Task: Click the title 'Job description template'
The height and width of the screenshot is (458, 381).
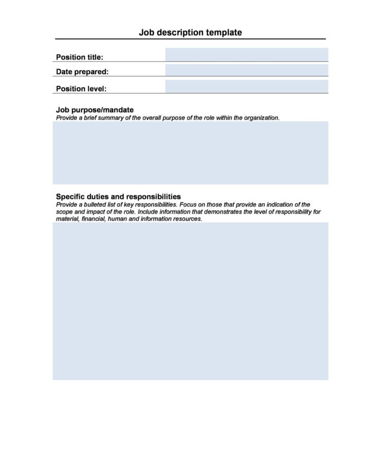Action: tap(190, 33)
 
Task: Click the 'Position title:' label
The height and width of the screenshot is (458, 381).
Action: tap(79, 57)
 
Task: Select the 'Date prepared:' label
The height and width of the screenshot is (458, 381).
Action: tap(82, 72)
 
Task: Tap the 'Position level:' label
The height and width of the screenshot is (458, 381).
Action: tap(81, 89)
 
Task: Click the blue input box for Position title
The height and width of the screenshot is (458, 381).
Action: tap(246, 54)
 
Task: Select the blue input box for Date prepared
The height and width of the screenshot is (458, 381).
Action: tap(246, 70)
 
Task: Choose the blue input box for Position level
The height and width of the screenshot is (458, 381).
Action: tap(246, 87)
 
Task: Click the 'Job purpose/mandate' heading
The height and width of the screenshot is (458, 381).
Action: tap(94, 110)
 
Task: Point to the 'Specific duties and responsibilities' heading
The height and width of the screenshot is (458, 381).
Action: tap(118, 196)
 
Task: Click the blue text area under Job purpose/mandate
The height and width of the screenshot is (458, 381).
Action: tap(190, 153)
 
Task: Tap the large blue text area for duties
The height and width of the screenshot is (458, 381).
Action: tap(190, 301)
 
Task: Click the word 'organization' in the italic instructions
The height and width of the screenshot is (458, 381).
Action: tap(261, 118)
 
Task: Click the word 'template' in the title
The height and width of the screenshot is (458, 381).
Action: tap(224, 33)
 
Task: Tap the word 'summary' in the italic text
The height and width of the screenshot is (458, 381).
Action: tap(106, 118)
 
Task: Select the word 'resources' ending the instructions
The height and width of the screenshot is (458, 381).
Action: tap(187, 219)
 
